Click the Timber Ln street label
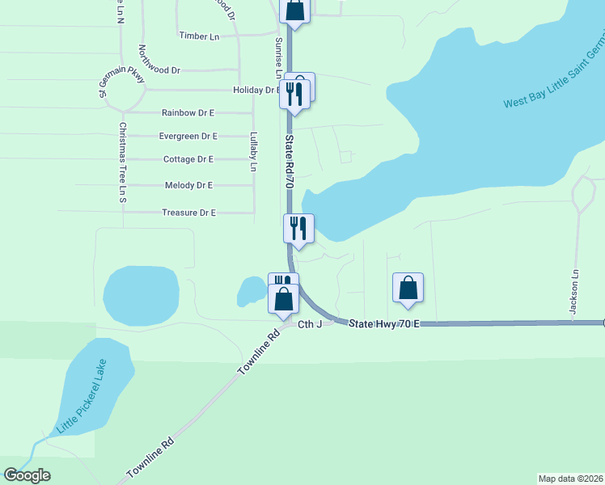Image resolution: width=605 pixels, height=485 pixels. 199,36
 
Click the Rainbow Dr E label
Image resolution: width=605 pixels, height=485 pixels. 188,113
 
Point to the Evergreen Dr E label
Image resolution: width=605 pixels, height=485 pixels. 188,136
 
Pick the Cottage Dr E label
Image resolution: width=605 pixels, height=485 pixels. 188,159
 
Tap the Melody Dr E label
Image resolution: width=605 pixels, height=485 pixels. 188,185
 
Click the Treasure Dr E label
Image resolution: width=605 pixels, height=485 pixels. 188,213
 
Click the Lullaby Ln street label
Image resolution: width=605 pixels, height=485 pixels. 252,151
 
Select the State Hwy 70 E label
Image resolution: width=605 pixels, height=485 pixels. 384,323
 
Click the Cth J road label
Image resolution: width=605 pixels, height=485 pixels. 310,324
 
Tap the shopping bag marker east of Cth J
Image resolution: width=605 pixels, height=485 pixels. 408,289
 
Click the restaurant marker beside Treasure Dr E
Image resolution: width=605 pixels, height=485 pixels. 298,230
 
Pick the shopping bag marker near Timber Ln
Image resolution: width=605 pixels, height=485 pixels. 295,11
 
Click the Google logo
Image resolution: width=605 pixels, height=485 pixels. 27,475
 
